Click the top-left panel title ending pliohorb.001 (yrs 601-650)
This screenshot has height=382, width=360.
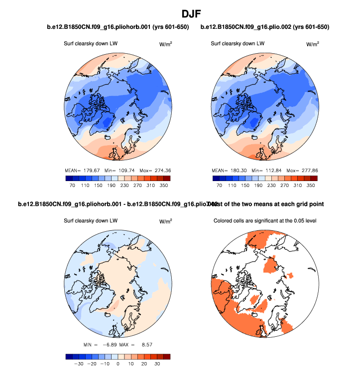118,26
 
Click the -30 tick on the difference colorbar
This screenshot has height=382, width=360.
79,364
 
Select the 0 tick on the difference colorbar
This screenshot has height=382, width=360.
118,364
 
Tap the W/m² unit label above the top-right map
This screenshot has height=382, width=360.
312,44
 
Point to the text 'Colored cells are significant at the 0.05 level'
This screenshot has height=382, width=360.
266,221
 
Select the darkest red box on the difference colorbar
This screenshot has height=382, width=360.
167,356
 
